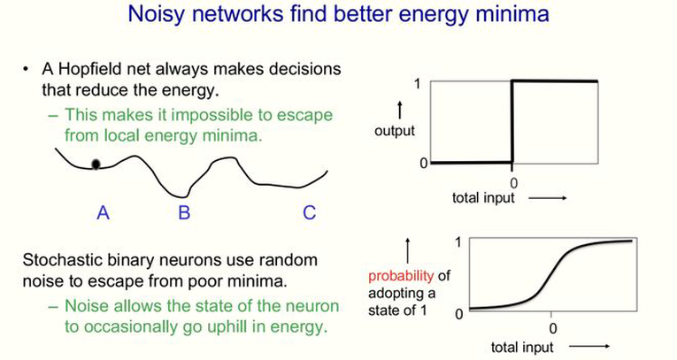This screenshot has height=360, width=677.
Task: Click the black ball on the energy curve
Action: click(96, 164)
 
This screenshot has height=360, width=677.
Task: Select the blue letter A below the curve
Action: click(103, 212)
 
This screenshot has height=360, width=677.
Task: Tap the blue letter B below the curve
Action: click(184, 212)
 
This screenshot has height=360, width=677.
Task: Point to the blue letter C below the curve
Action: click(309, 212)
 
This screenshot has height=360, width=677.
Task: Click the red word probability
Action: click(401, 276)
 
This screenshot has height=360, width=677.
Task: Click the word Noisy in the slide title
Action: click(158, 14)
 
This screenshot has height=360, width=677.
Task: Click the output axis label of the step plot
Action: click(395, 131)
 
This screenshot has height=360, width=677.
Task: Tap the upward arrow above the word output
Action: click(400, 110)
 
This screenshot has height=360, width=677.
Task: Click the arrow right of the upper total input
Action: click(548, 198)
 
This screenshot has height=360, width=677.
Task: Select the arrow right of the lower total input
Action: click(589, 346)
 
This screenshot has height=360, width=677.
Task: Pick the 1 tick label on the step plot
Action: click(417, 83)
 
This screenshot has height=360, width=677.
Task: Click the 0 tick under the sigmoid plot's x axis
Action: click(553, 329)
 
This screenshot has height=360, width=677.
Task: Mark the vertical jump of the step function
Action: click(512, 122)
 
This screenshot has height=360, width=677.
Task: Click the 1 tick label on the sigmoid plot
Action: click(458, 242)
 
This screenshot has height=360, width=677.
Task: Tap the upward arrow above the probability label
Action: click(408, 251)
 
